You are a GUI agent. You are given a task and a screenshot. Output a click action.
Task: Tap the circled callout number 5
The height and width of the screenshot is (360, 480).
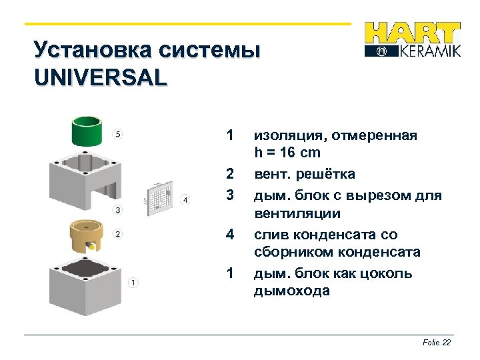118,134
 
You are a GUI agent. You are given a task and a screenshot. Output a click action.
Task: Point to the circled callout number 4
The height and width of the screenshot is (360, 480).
185,199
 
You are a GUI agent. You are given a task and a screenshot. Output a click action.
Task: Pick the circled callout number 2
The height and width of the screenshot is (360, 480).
118,233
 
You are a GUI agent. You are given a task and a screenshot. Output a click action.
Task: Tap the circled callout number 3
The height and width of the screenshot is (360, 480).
118,211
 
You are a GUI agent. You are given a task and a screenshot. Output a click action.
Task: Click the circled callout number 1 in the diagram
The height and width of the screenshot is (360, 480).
133,283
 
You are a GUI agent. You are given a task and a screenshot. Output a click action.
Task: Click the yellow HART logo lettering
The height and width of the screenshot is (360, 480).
413,34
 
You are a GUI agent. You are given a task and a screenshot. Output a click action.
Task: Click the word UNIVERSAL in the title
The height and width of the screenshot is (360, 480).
100,78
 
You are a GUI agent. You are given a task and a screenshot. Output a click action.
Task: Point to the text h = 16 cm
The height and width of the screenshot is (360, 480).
287,153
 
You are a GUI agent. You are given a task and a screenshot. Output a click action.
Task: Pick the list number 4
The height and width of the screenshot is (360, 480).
229,234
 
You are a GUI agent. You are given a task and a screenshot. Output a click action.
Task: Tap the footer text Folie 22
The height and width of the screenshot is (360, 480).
437,342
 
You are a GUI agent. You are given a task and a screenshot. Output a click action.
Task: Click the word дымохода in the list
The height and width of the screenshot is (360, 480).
291,291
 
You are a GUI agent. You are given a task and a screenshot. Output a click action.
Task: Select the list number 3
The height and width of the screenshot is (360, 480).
229,195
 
